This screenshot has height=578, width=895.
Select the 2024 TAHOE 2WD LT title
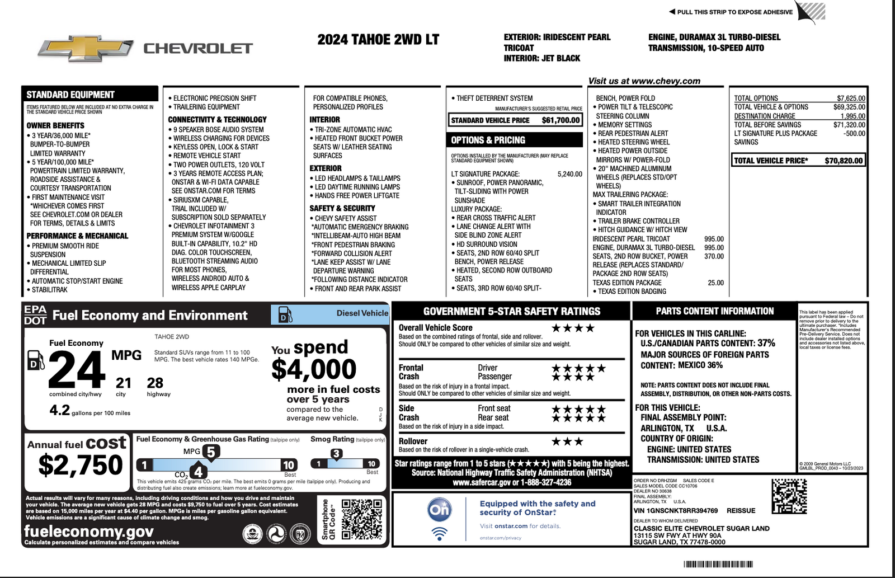pyautogui.click(x=378, y=40)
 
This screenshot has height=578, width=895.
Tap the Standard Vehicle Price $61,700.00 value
pyautogui.click(x=560, y=120)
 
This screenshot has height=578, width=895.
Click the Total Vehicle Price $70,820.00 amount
pyautogui.click(x=844, y=161)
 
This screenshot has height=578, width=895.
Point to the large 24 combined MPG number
pyautogui.click(x=77, y=370)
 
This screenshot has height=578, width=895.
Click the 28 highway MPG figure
pyautogui.click(x=155, y=383)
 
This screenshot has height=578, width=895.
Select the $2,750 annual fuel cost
pyautogui.click(x=81, y=465)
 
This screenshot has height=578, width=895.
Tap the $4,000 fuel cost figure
pyautogui.click(x=314, y=369)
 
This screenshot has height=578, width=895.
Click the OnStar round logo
pyautogui.click(x=439, y=509)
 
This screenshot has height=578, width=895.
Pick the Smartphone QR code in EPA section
pyautogui.click(x=361, y=520)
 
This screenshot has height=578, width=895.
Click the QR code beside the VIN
pyautogui.click(x=789, y=496)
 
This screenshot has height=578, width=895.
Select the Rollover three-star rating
pyautogui.click(x=567, y=441)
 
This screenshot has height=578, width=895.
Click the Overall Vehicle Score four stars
pyautogui.click(x=573, y=328)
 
